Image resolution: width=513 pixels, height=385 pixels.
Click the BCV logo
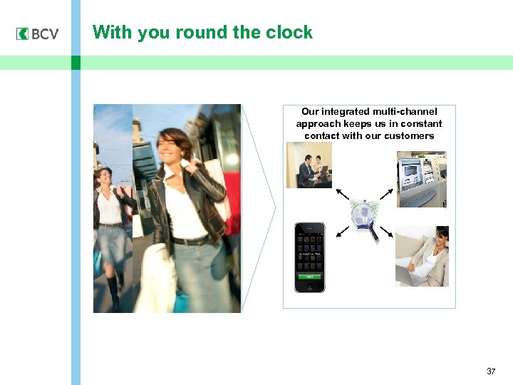tap(38, 34)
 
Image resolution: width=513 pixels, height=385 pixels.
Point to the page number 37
tap(491, 371)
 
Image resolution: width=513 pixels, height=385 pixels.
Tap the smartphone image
tap(310, 257)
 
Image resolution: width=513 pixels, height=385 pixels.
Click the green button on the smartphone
tap(310, 275)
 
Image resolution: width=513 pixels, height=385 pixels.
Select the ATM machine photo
tap(421, 178)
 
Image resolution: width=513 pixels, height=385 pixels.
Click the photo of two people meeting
tap(309, 165)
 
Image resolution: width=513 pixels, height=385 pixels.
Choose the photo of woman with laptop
tap(422, 256)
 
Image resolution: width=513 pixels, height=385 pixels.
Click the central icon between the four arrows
tap(366, 218)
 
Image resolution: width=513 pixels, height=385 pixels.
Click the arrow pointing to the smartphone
tap(343, 231)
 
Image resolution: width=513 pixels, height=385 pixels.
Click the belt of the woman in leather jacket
tap(188, 241)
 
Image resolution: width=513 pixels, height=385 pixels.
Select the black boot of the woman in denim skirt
tap(114, 292)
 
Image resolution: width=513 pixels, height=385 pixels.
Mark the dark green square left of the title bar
tap(76, 63)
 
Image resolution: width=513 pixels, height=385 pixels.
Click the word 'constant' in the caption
tap(421, 123)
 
